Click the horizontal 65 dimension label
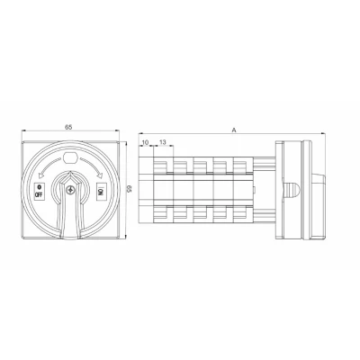tap(68, 127)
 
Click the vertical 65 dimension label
tap(129, 189)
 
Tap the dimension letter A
tap(234, 130)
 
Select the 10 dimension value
tap(145, 142)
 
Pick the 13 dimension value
tap(162, 142)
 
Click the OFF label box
tap(39, 191)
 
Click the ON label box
tap(101, 190)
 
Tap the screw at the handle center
tap(70, 190)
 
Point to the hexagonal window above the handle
tap(71, 157)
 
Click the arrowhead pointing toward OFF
tap(41, 176)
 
